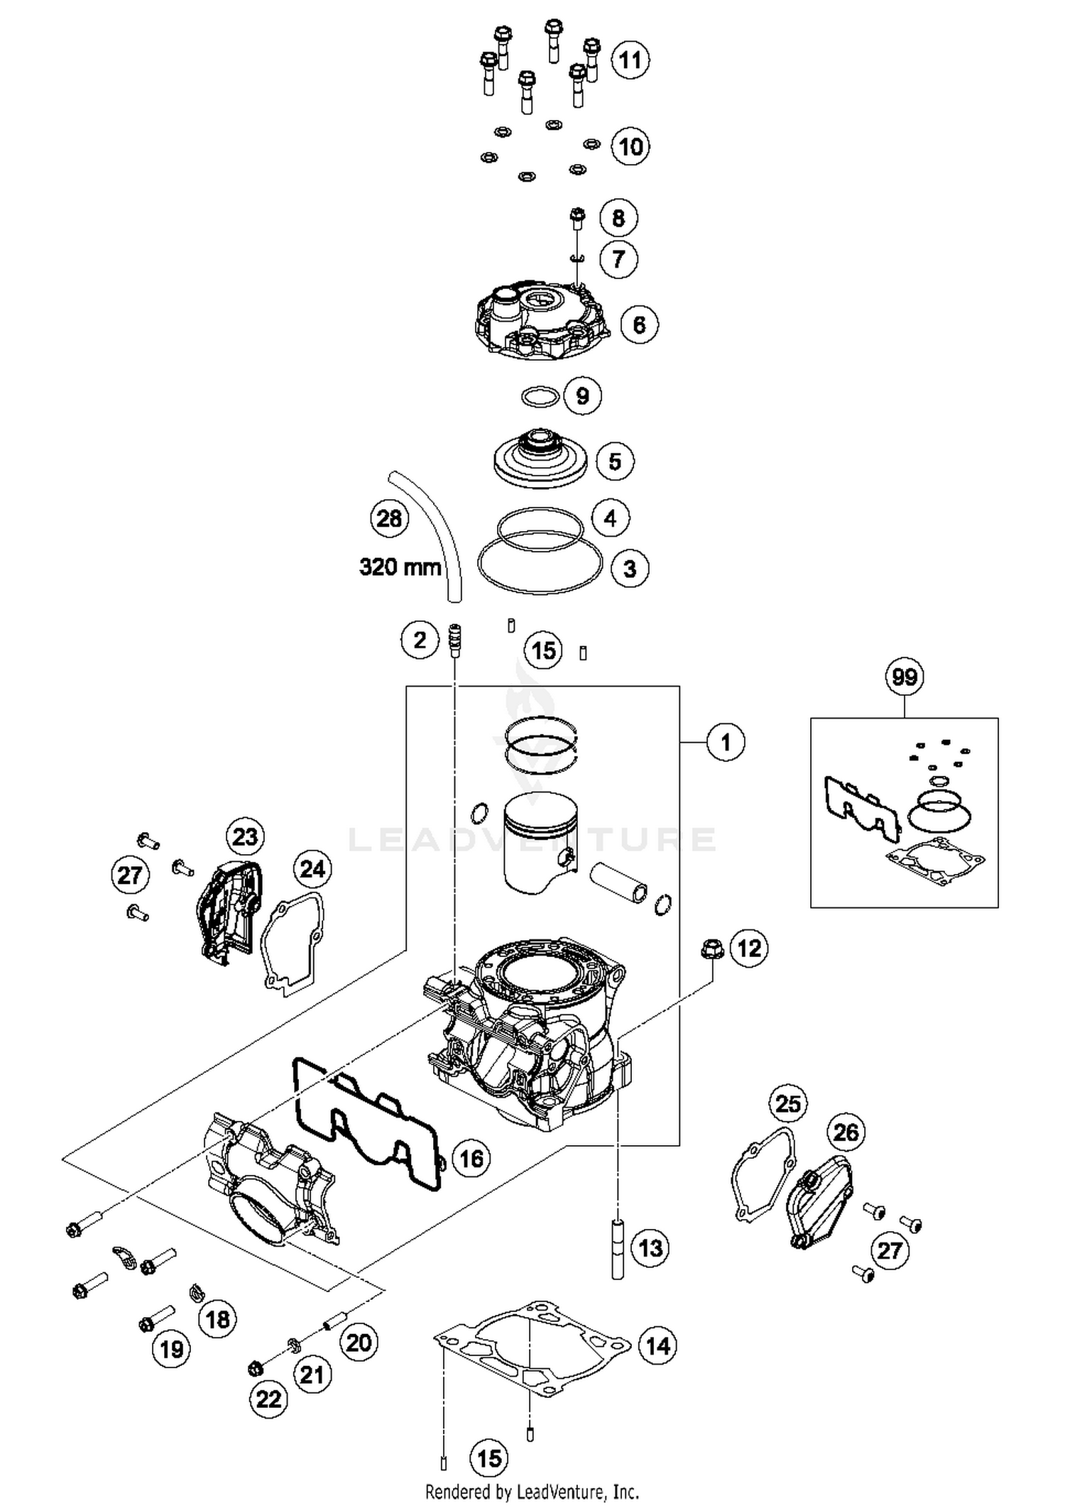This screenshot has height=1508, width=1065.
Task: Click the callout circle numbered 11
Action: pos(630,60)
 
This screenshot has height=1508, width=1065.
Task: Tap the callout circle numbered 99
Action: pos(904,677)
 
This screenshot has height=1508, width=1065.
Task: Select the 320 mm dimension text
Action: pos(400,567)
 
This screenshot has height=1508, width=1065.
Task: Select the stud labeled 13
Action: pos(618,1249)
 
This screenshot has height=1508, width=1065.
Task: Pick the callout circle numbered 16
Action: pos(471,1159)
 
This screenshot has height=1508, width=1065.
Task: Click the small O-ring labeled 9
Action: pos(539,396)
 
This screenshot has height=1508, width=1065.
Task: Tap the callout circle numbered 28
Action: pos(389,518)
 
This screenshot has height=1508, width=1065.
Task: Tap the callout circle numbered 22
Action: pos(268,1399)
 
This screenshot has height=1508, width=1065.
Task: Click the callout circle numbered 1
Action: pos(725,743)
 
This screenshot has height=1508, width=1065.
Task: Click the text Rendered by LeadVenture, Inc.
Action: pos(532,1492)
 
